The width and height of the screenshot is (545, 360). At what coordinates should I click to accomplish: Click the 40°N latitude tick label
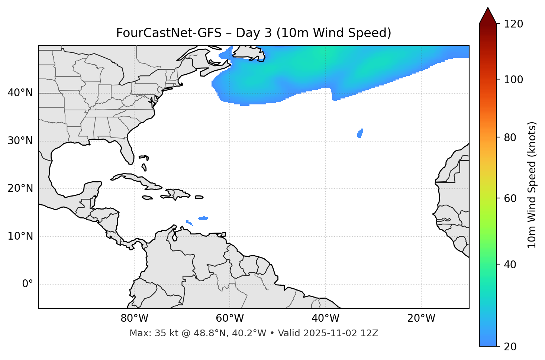20,93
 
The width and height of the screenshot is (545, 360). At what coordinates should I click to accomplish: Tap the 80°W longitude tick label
134,318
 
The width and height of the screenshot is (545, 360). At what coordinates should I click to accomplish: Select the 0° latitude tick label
27,284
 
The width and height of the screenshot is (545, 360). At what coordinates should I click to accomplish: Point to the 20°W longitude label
421,318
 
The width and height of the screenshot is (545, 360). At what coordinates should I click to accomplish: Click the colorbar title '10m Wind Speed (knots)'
532,185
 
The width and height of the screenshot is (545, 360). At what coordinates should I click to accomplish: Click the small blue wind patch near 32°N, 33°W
360,133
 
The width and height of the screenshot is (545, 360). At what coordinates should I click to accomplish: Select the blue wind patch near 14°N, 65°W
203,218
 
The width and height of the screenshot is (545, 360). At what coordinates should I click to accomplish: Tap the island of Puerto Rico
199,197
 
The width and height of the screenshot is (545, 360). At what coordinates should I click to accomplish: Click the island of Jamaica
147,198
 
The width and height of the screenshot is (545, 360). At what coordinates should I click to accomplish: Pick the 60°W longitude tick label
230,318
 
